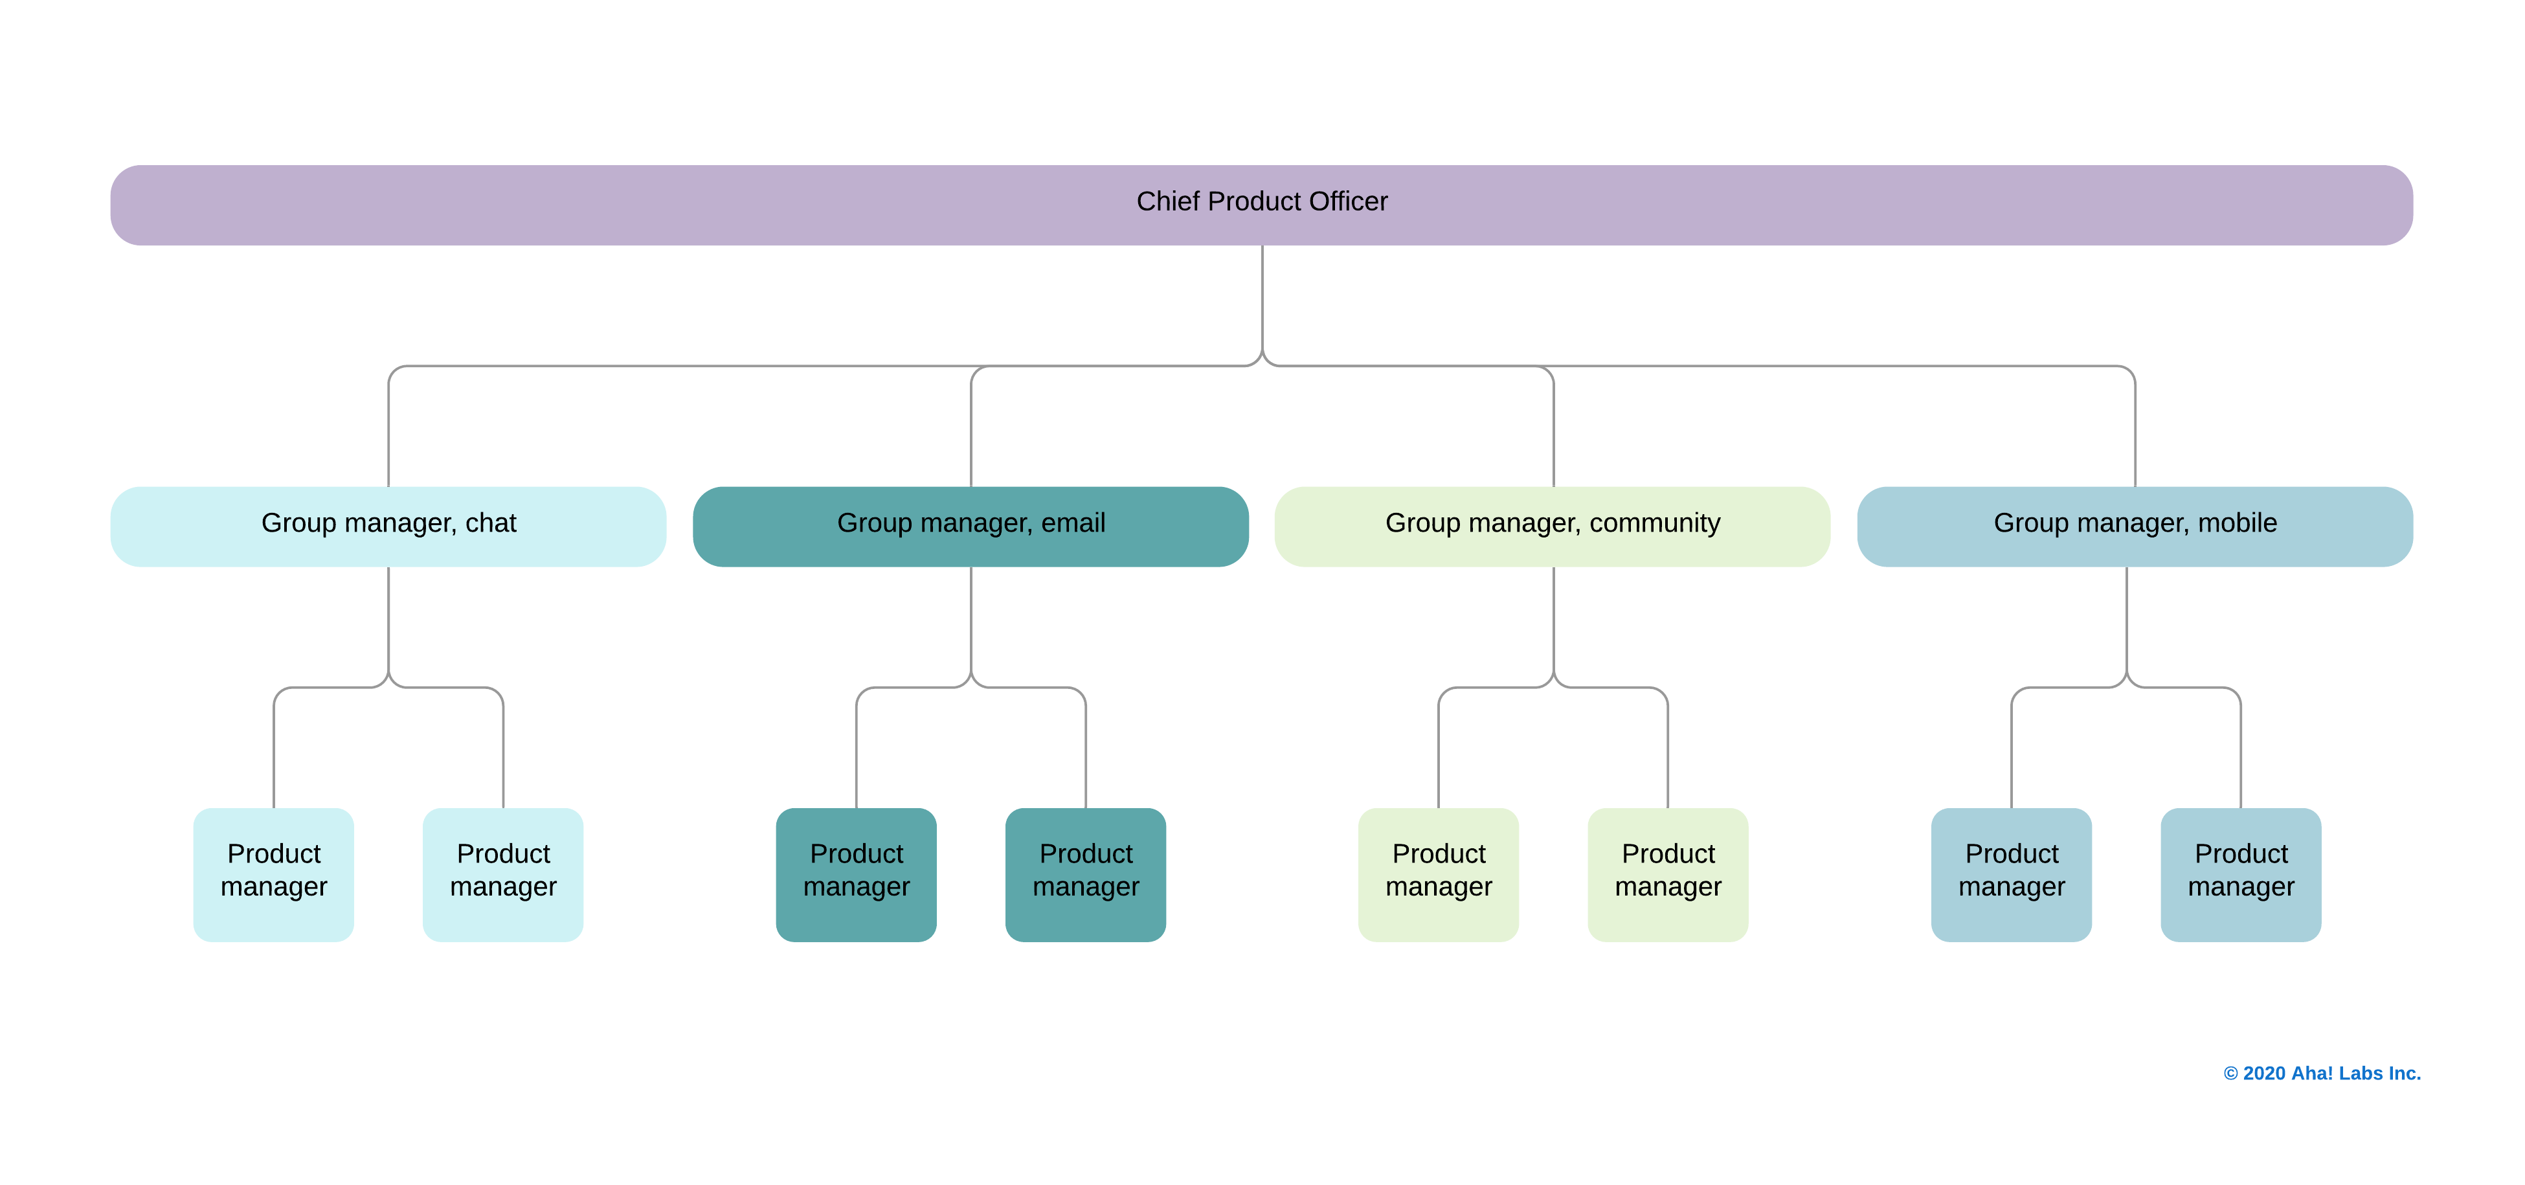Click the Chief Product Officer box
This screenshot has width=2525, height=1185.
point(1261,205)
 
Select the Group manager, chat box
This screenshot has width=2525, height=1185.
point(388,526)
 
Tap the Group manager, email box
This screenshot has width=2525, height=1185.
point(971,526)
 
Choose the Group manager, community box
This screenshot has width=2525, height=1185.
point(1552,526)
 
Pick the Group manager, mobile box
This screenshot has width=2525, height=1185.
point(2134,526)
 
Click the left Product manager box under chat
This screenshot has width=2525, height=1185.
point(273,874)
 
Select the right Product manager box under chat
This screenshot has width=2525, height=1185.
point(503,874)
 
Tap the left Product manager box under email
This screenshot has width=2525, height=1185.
point(856,874)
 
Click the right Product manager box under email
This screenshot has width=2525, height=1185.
point(1085,874)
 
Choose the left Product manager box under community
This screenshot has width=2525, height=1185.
point(1438,874)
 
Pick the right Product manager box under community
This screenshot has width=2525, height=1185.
point(1667,874)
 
